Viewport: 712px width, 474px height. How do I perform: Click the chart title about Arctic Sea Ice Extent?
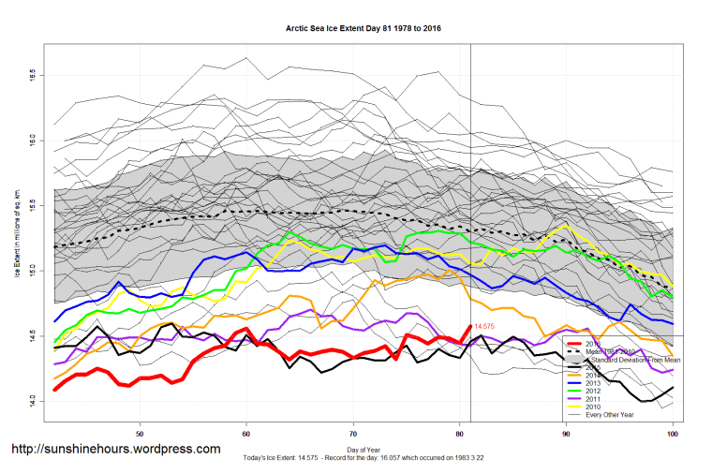click(x=363, y=29)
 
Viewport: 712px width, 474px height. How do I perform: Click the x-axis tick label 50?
click(x=140, y=435)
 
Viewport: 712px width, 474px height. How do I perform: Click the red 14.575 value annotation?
click(x=484, y=326)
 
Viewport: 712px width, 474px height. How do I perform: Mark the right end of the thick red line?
click(x=469, y=326)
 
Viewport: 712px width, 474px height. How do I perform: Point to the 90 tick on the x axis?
click(x=566, y=435)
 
